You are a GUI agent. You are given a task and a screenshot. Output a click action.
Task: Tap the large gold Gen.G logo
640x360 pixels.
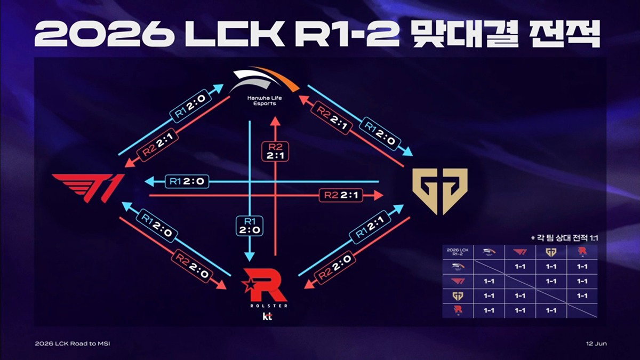[x=440, y=191]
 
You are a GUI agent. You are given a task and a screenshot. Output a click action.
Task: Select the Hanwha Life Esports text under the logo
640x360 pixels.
[x=265, y=101]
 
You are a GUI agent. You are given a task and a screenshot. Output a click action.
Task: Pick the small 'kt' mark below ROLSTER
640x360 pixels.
[x=267, y=316]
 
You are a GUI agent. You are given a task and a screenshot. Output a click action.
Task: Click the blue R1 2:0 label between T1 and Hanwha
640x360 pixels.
[x=190, y=107]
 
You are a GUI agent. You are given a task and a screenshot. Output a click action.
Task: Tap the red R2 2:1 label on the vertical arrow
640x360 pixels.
[x=275, y=151]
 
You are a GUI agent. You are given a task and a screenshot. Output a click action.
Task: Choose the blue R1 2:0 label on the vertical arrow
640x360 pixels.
[x=250, y=226]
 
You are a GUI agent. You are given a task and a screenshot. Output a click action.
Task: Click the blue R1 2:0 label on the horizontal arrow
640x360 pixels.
[x=187, y=181]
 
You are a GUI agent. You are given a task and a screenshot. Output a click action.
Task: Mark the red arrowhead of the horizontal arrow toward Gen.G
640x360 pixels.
[x=379, y=195]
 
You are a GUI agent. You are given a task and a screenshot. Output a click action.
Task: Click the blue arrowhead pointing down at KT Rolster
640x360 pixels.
[x=250, y=257]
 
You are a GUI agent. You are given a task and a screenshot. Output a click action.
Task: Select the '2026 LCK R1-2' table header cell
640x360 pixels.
[x=458, y=252]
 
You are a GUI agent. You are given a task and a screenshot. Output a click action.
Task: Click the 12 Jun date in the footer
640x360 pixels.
[x=596, y=343]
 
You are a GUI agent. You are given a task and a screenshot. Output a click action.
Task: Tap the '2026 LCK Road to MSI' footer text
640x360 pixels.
[x=73, y=343]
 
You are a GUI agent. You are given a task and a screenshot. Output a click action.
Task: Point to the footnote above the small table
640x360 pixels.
[x=564, y=238]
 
